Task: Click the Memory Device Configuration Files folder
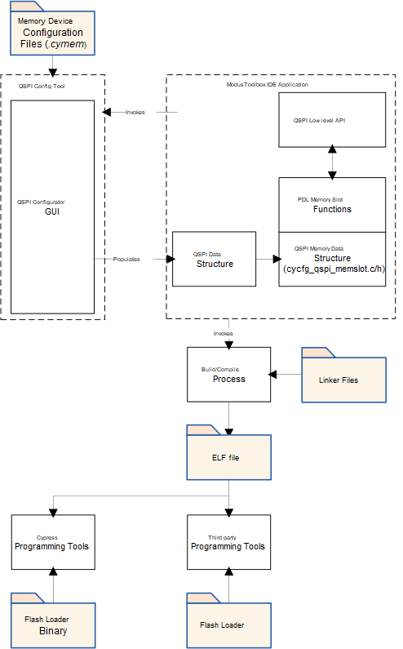click(x=52, y=29)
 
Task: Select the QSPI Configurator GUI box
click(x=52, y=207)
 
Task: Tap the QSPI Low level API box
click(x=332, y=120)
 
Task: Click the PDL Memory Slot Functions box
click(x=332, y=205)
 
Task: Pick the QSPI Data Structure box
click(x=214, y=259)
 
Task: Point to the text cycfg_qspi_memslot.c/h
click(x=334, y=269)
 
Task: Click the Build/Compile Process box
click(x=228, y=375)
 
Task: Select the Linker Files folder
click(x=343, y=375)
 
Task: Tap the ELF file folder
click(x=228, y=452)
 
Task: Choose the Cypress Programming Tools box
click(x=53, y=542)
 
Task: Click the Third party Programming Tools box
click(x=228, y=542)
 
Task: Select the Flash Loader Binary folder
click(x=53, y=620)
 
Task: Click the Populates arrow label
click(x=126, y=259)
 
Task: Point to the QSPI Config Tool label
click(x=42, y=86)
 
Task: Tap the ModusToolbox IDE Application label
click(x=268, y=84)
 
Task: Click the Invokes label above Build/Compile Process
click(x=223, y=333)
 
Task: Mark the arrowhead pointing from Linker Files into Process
click(x=272, y=375)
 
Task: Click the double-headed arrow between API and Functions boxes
click(x=332, y=162)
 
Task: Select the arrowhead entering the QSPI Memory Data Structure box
click(x=277, y=259)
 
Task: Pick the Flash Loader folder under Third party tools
click(x=228, y=620)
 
